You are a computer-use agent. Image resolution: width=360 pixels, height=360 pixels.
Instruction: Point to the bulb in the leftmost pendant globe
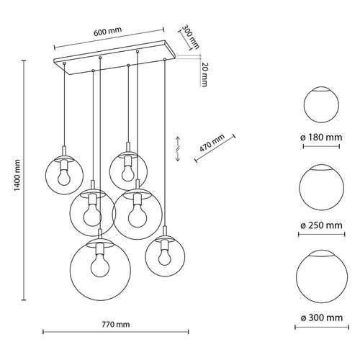[63, 176]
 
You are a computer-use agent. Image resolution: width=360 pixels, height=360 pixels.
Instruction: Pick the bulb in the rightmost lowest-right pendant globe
[165, 253]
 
